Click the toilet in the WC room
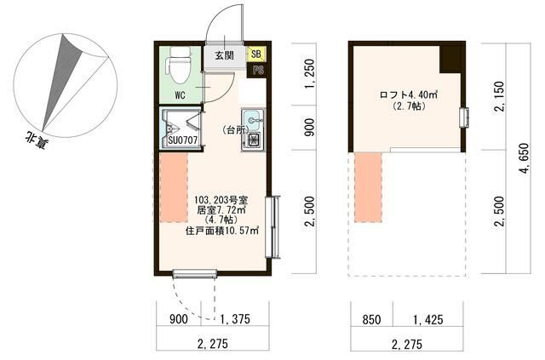(x=180, y=66)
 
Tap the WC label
(x=180, y=95)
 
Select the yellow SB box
(x=256, y=54)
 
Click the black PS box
(x=257, y=70)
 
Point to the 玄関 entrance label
(x=224, y=55)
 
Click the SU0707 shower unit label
(x=183, y=140)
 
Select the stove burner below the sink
(x=253, y=140)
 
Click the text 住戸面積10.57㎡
(x=222, y=231)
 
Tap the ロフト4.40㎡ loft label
(x=409, y=94)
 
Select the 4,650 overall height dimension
(x=525, y=158)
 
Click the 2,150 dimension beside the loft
(x=499, y=96)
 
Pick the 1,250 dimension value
(x=309, y=74)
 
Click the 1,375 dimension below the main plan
(x=234, y=319)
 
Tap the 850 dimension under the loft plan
(x=371, y=320)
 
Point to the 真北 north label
(x=36, y=140)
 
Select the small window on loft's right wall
(x=464, y=118)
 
